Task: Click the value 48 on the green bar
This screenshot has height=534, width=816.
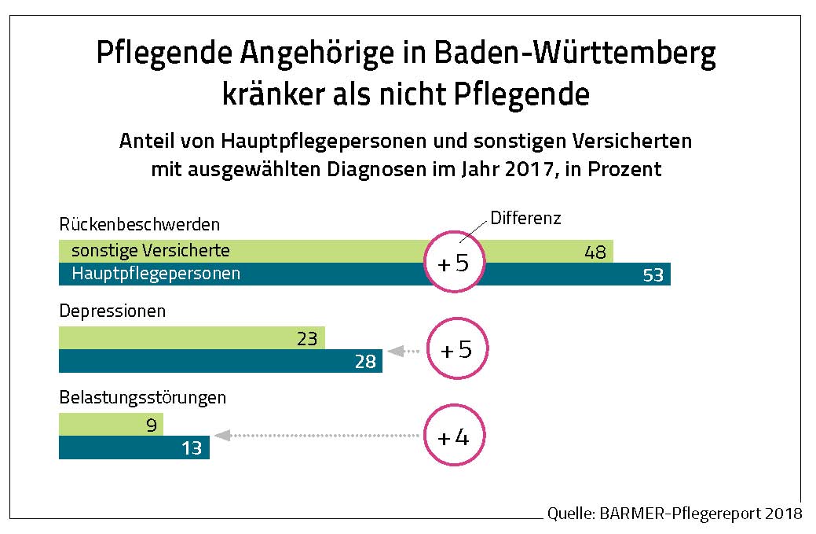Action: [595, 252]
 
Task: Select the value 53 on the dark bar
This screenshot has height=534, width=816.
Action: [653, 275]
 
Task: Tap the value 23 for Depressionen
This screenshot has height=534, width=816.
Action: [307, 340]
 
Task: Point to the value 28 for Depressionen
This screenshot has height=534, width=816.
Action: [364, 362]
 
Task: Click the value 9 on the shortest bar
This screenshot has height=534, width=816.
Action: [152, 425]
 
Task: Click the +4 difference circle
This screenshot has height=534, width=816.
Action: [453, 437]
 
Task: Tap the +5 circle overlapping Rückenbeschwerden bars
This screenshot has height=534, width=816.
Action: [453, 263]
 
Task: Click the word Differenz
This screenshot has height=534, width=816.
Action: [525, 218]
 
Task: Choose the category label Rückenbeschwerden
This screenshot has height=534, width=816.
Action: [140, 225]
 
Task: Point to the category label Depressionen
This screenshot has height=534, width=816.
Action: [113, 311]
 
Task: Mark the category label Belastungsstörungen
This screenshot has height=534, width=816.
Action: [143, 397]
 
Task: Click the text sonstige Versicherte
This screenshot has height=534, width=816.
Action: [151, 251]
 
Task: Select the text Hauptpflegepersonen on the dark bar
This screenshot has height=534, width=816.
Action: [156, 274]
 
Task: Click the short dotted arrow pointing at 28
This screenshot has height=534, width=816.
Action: [404, 351]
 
